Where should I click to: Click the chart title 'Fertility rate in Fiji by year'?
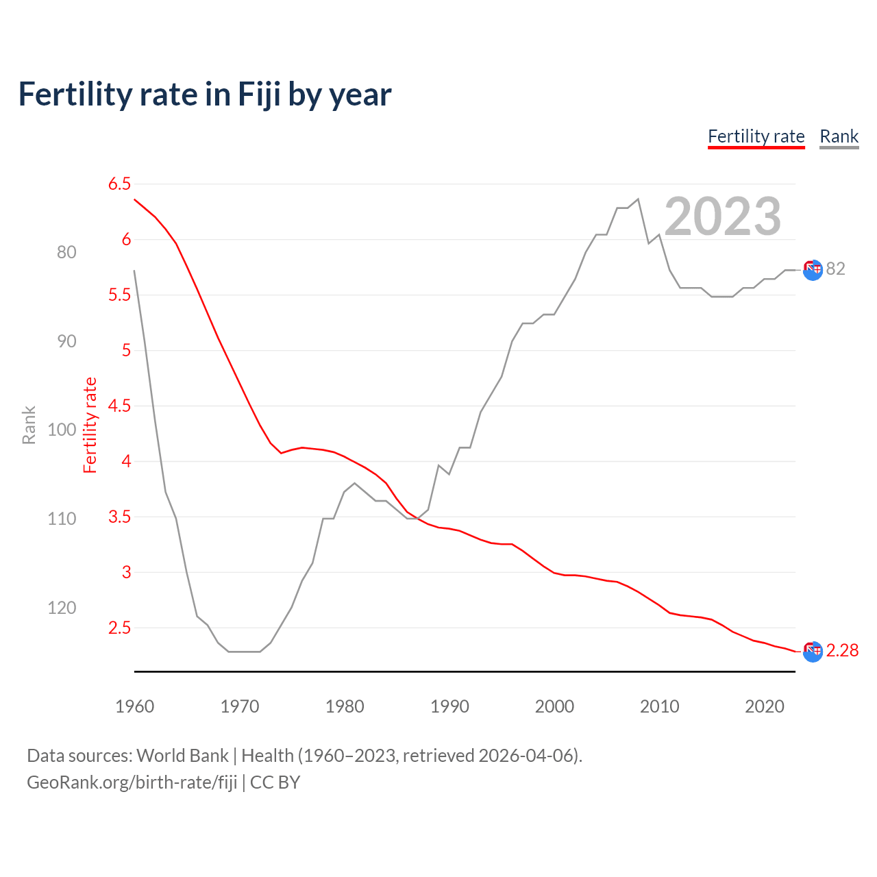point(205,95)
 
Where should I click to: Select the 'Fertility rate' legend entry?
point(756,136)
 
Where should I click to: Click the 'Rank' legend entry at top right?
point(839,136)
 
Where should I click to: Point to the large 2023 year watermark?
point(723,217)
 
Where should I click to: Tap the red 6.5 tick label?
point(119,184)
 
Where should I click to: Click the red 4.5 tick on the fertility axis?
point(119,406)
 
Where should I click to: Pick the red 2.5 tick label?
point(119,628)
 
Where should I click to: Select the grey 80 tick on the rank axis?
point(66,252)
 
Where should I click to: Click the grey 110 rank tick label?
point(62,519)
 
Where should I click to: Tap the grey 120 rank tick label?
point(62,608)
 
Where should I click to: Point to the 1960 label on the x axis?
point(134,706)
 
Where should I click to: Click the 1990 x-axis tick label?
point(449,706)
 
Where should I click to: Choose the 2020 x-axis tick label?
point(764,706)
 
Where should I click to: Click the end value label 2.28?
point(842,650)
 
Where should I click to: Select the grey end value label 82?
point(835,269)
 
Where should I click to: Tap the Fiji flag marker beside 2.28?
point(813,652)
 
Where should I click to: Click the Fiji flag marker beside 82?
point(813,270)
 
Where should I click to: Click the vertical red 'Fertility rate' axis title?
point(90,425)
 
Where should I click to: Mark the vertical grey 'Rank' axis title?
point(29,425)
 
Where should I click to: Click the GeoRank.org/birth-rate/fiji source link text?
point(132,782)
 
